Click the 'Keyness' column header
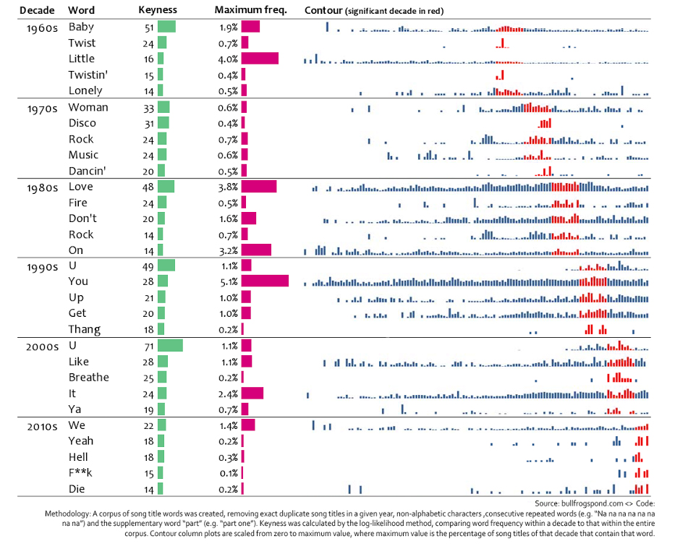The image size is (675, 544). (x=157, y=11)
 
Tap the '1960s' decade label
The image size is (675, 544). (x=38, y=27)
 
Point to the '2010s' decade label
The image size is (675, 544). (x=38, y=426)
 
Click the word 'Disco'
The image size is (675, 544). (x=82, y=123)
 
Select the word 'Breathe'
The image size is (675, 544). (x=89, y=378)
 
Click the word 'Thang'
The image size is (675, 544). (x=85, y=330)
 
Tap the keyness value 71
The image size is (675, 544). (x=150, y=346)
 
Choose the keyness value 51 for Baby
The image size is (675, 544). (x=150, y=27)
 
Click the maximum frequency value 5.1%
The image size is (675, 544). (x=230, y=281)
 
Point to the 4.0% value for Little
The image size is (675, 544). (x=230, y=59)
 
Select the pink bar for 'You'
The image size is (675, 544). (x=265, y=281)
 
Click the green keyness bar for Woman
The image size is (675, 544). (x=164, y=107)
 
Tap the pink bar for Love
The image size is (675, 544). (x=259, y=187)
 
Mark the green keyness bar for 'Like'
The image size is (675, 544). (x=162, y=362)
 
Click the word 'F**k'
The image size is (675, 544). (x=82, y=474)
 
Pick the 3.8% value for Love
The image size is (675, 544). (x=230, y=187)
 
